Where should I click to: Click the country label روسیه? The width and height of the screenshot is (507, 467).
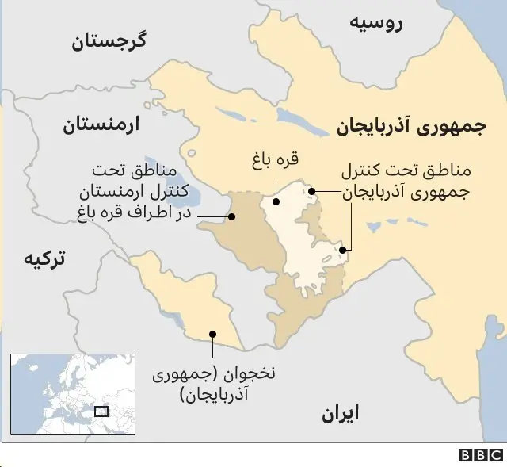pyautogui.click(x=376, y=23)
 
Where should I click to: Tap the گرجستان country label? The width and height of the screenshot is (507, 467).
pyautogui.click(x=121, y=41)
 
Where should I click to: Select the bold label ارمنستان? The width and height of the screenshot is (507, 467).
pyautogui.click(x=99, y=125)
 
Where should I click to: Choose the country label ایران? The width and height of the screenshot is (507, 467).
pyautogui.click(x=340, y=412)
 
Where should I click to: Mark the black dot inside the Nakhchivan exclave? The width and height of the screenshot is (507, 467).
pyautogui.click(x=212, y=334)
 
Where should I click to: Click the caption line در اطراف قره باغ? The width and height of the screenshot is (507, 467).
pyautogui.click(x=135, y=212)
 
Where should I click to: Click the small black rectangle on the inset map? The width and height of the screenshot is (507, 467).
pyautogui.click(x=101, y=411)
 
